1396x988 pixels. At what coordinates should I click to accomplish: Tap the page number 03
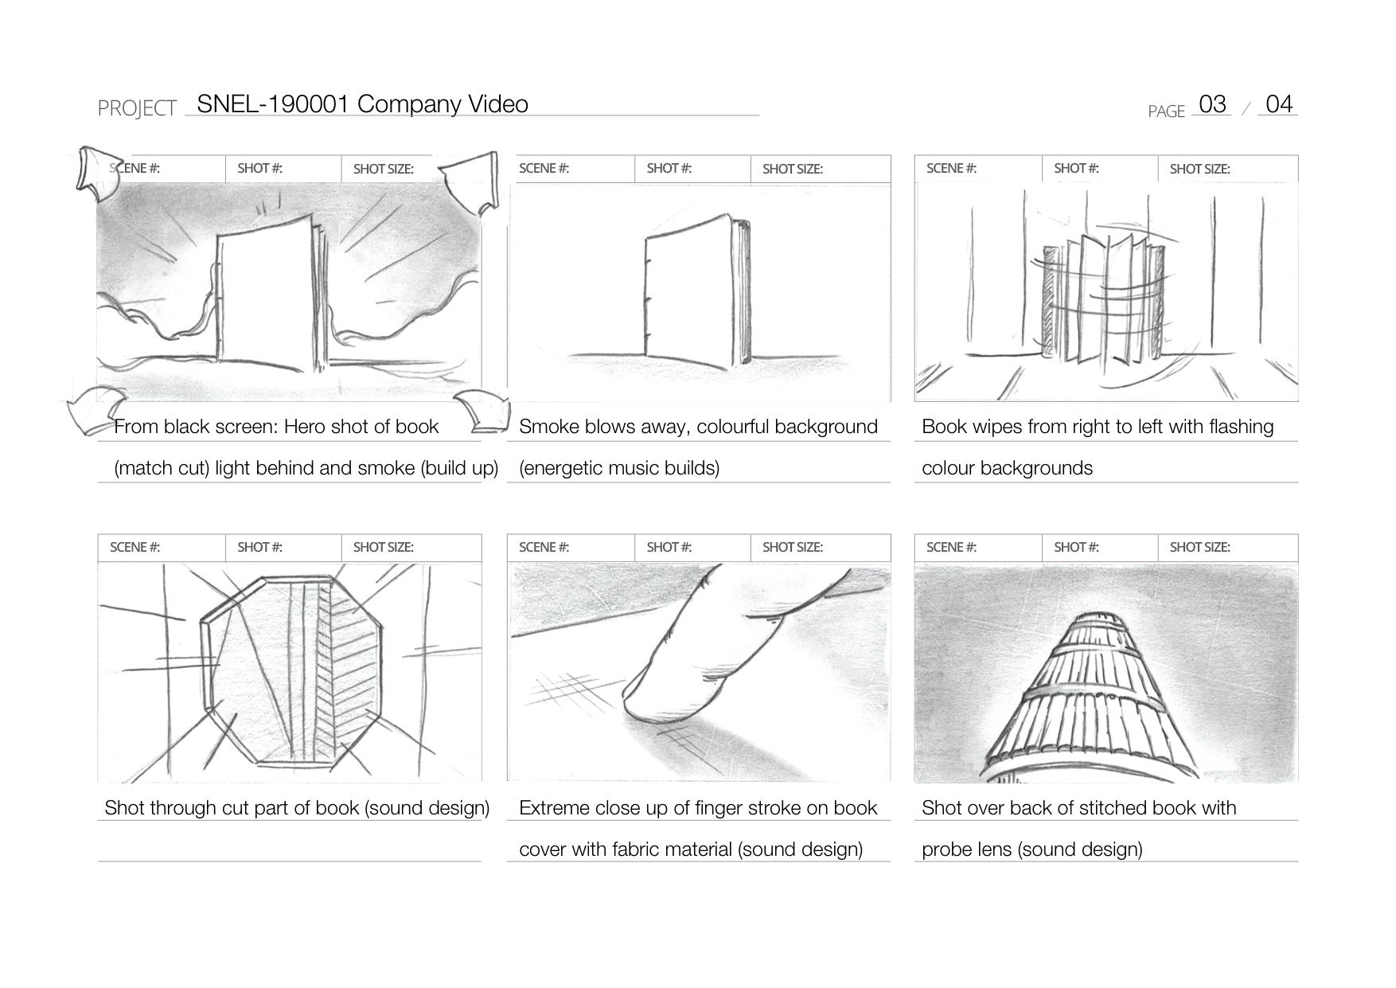coord(1212,104)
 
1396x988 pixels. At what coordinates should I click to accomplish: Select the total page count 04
coord(1279,104)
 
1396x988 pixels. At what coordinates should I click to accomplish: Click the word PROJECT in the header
coord(137,108)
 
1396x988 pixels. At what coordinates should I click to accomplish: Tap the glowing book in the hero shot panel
coord(271,295)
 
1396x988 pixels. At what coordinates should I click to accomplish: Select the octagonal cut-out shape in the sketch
coord(291,671)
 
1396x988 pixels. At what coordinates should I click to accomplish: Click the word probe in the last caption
coord(943,850)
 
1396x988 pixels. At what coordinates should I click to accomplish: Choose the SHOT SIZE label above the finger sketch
coord(793,548)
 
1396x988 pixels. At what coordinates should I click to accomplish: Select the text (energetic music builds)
coord(619,468)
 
